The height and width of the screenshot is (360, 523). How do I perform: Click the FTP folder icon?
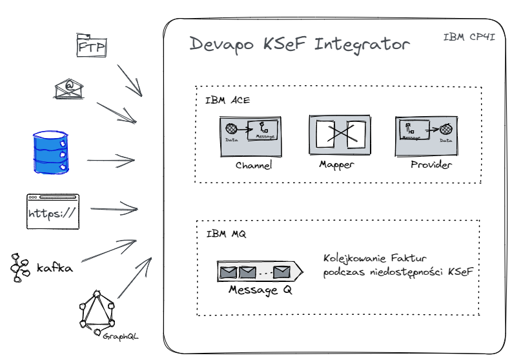click(91, 45)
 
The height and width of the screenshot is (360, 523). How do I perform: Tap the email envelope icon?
click(69, 88)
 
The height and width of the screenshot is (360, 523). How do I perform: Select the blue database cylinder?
click(50, 152)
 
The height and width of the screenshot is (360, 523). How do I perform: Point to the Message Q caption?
click(261, 290)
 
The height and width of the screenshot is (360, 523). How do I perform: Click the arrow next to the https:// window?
click(114, 209)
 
